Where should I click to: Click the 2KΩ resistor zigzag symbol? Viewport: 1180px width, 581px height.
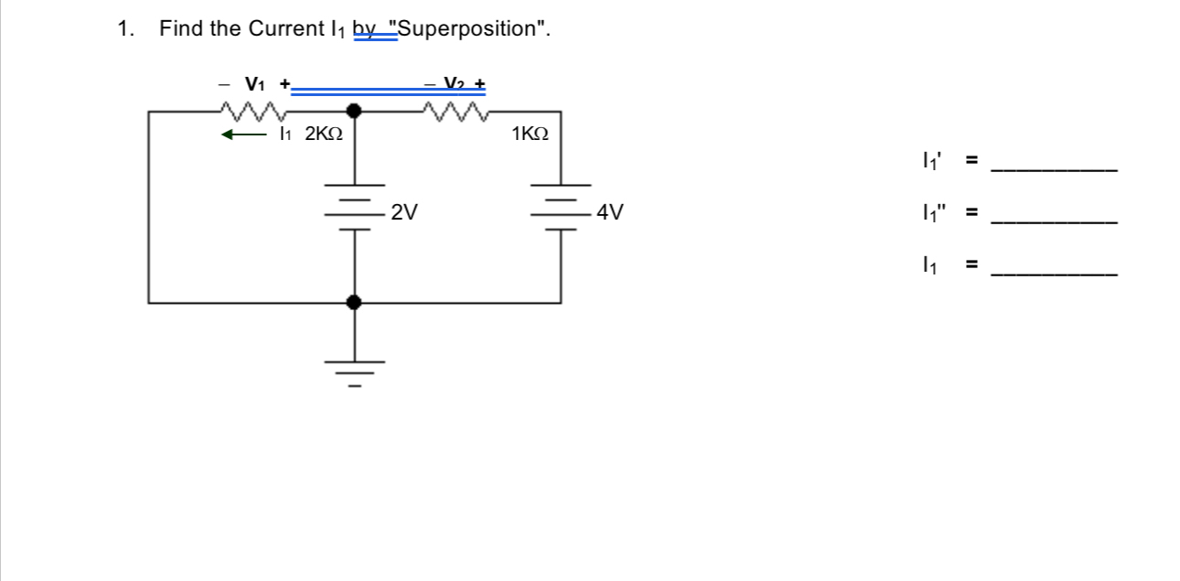[x=252, y=112]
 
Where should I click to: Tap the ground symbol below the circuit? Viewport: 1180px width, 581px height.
[x=355, y=371]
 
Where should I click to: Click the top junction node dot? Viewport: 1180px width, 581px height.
[x=355, y=112]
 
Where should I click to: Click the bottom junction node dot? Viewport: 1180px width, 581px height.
[x=355, y=302]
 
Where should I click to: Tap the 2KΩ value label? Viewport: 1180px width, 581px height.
[x=324, y=134]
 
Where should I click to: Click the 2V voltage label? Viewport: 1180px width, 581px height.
[x=404, y=213]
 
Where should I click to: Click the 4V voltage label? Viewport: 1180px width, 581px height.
[x=610, y=213]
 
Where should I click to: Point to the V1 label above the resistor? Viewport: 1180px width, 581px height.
[x=255, y=84]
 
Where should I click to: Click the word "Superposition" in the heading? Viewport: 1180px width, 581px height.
[x=470, y=28]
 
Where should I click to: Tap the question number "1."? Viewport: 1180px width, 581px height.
[x=126, y=28]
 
